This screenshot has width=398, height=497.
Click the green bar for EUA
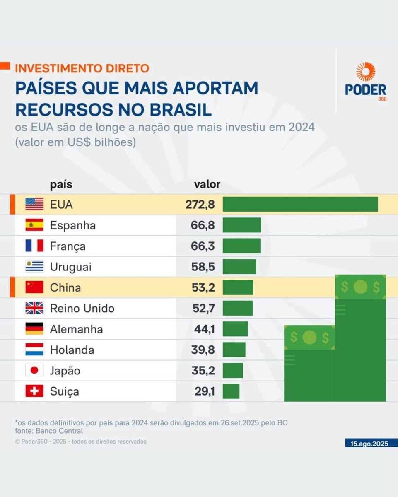tap(300, 204)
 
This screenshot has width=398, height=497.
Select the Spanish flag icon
tap(34, 225)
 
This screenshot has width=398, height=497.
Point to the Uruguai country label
tap(71, 267)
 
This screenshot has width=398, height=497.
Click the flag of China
tap(34, 287)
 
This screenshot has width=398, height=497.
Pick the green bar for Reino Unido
tap(238, 308)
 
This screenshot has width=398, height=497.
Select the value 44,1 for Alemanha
tap(205, 329)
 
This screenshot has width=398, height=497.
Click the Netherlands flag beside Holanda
tap(34, 350)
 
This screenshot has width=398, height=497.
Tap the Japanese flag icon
tap(34, 371)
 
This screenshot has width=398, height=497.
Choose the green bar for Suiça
tap(231, 391)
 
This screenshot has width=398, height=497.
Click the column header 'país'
tap(61, 184)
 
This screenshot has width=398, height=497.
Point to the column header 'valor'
tap(207, 184)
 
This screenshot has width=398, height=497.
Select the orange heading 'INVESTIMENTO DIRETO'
tap(82, 68)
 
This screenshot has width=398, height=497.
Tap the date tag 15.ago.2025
tap(367, 444)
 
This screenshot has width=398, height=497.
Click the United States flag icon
tap(34, 204)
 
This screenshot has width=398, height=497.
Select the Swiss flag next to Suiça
tap(34, 391)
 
